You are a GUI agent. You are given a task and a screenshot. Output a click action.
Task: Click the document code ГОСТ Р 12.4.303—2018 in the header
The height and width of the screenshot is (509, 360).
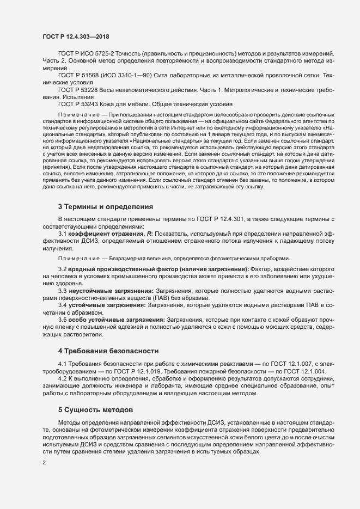pos(76,36)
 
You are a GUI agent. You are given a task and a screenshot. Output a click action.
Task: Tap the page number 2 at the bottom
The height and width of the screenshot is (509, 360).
pos(44,463)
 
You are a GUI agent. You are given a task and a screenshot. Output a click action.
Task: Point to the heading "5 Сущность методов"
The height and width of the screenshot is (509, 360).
pos(95,409)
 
